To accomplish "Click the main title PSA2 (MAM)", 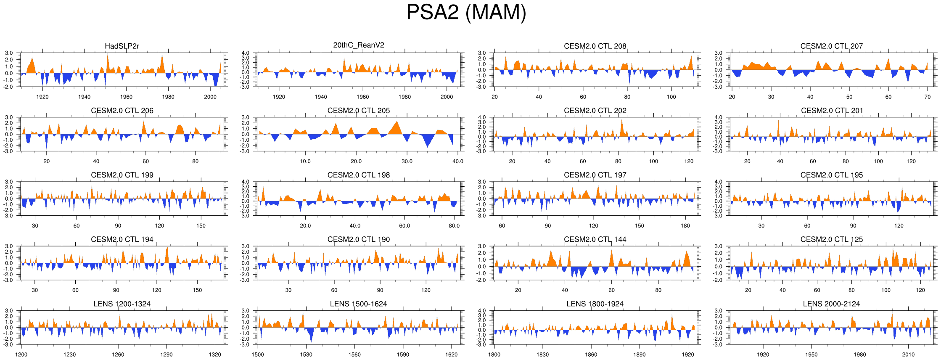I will coord(466,12).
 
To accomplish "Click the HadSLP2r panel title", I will coord(122,46).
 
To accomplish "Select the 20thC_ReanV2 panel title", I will coord(359,45).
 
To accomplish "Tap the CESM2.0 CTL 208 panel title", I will coord(595,46).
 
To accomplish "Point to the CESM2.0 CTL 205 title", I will coord(359,111).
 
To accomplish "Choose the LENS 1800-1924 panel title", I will coord(595,304).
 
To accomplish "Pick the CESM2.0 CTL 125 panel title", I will coord(832,240).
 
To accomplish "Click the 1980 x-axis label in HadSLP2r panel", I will coord(168,97).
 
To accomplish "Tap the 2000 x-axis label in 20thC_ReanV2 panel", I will coord(447,97).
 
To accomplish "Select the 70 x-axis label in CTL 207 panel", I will coord(928,97).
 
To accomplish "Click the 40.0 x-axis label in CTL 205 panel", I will coord(457,161).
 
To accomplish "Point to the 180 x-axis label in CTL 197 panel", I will coord(685,226).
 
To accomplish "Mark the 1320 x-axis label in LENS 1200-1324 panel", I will coord(215,355).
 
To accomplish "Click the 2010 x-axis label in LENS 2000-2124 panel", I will coord(908,355).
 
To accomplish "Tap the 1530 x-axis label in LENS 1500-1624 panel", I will coord(306,355).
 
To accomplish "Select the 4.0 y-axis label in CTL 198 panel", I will coord(246,182).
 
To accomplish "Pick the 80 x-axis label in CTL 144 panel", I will coord(658,290).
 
